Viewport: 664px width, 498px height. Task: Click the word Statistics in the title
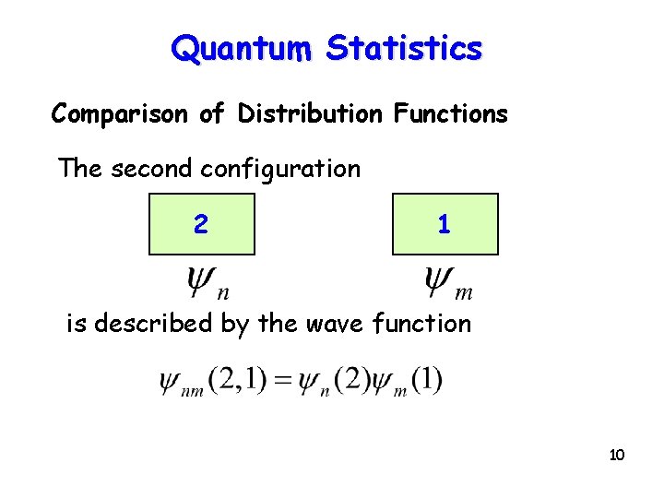[x=404, y=47]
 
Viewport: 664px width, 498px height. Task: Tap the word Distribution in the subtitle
[x=310, y=113]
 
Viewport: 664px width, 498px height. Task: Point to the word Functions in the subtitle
[x=450, y=113]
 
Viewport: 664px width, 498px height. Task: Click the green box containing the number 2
[x=202, y=224]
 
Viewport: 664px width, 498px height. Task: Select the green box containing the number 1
[x=445, y=224]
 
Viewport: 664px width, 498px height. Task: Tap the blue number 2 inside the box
[x=200, y=224]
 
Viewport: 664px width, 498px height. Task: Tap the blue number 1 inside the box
[x=444, y=224]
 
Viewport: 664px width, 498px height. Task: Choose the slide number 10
[x=617, y=455]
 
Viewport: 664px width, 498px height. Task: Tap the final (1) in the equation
[x=428, y=380]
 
